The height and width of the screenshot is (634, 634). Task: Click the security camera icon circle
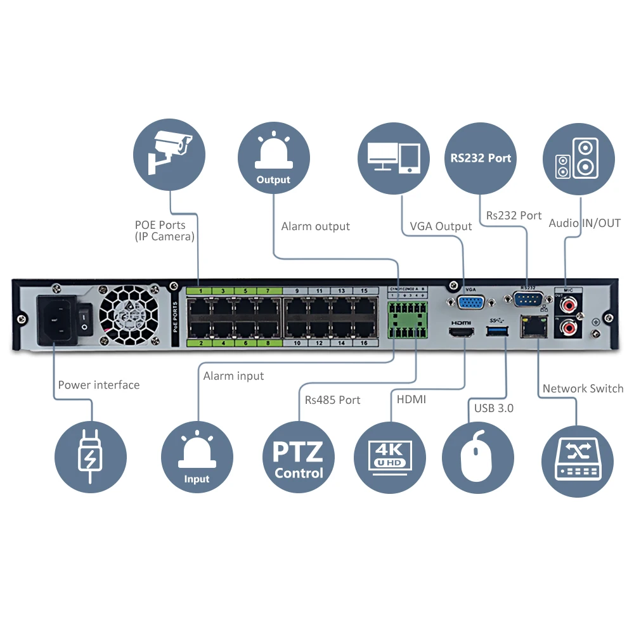[170, 154]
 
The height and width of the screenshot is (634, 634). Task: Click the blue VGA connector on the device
[470, 303]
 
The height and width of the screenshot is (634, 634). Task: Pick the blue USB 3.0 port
[496, 330]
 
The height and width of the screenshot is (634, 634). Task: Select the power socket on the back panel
[58, 320]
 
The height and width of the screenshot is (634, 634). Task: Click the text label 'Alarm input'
[233, 376]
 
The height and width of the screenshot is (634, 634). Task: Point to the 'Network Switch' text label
[583, 389]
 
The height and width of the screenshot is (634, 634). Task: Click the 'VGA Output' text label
[441, 226]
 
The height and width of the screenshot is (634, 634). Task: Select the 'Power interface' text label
[98, 385]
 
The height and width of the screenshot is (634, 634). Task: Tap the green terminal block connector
[406, 321]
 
